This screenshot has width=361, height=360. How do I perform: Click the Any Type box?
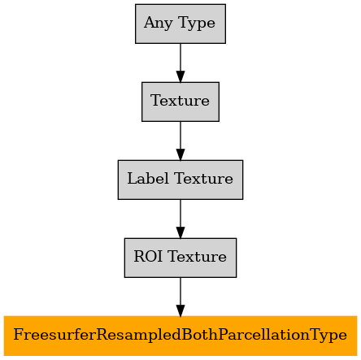coord(180,24)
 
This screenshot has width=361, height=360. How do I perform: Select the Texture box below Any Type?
coord(180,102)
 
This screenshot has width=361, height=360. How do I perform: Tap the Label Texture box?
coord(180,180)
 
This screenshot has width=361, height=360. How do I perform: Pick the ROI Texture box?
coord(180,258)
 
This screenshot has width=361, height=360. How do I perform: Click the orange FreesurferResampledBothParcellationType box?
coord(180,336)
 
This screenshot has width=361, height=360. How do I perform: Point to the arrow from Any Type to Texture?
coord(180,63)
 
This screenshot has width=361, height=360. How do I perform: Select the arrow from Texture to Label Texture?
coord(180,141)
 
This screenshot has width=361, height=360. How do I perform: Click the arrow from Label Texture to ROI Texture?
coord(180,219)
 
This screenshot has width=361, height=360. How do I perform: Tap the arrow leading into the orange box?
coord(180,297)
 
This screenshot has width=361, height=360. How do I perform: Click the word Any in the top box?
coord(159,23)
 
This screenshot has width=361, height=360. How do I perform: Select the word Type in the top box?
coord(198,24)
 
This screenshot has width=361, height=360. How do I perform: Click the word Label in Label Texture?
coord(149,179)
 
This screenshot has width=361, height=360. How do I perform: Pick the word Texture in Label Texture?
coord(204,179)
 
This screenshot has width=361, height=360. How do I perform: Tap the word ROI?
coord(148,256)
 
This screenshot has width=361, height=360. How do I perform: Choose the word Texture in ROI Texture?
coord(198,257)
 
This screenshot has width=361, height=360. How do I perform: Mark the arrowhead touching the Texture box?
coord(180,76)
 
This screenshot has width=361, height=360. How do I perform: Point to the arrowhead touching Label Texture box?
coord(180,154)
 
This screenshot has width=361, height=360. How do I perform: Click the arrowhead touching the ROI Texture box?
coord(180,232)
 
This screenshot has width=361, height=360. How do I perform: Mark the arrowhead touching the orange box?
coord(180,310)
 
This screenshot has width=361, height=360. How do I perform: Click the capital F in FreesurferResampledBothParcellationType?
coord(18,335)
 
